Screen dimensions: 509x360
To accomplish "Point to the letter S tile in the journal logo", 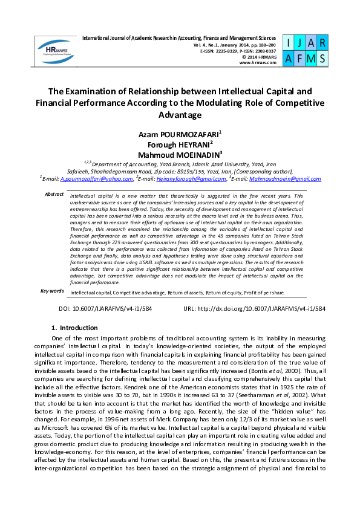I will pos(322,59).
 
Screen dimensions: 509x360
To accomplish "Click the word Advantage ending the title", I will pos(179,115).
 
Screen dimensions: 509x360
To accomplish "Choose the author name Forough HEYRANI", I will pos(178,144).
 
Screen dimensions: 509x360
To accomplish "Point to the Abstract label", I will pos(54,194).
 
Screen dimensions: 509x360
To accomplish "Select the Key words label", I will pos(52,291).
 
